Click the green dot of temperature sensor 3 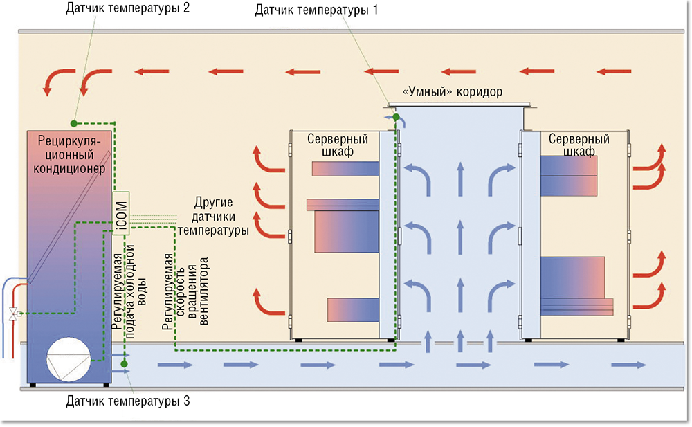124,363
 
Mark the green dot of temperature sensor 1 396,117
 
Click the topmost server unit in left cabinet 345,168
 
